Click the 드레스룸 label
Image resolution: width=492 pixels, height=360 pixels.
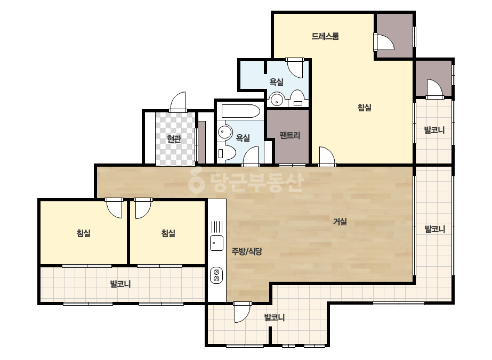point(325,36)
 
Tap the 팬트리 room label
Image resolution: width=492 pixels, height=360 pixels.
point(289,135)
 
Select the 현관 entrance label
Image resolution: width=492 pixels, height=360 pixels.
point(174,138)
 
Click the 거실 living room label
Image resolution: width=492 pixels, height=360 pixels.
point(340,222)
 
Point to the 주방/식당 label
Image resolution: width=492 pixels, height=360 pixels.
point(247,251)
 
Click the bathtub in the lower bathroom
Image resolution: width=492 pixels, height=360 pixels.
point(240,111)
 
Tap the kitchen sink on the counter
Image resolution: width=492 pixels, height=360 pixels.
point(216,243)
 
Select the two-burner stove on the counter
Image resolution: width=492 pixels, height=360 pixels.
point(216,275)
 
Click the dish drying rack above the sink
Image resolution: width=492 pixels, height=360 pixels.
point(216,226)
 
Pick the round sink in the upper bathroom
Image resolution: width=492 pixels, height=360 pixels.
point(277,100)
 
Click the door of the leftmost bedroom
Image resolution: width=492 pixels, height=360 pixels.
point(114,208)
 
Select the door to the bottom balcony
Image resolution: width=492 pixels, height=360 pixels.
point(242,312)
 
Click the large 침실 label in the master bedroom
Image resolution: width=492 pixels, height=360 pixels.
point(364,108)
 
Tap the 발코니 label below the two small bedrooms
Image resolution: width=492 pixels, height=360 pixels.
point(120,284)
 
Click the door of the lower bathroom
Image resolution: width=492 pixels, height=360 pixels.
point(251,156)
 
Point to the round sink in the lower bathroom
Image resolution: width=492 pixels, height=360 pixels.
point(225,132)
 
